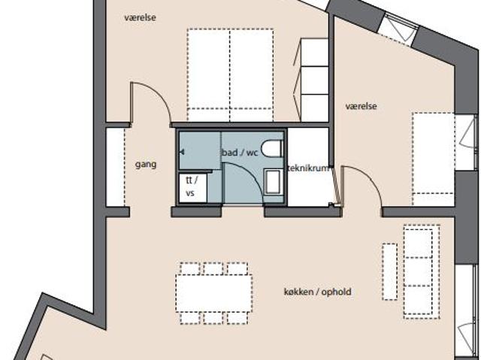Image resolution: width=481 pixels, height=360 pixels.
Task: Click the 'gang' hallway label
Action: (x=146, y=165)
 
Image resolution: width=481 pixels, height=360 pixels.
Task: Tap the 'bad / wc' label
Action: (x=240, y=152)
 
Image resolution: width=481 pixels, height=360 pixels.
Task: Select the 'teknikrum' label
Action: (x=308, y=168)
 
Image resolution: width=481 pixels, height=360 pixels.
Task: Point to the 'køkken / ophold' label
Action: (x=317, y=292)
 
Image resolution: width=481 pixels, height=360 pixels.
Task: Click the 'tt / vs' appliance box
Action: (x=192, y=187)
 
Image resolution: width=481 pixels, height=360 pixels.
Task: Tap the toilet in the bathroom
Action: (x=272, y=148)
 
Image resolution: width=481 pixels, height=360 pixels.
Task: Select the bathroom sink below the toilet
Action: (x=273, y=182)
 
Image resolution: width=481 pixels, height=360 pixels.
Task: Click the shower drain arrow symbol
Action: (x=182, y=152)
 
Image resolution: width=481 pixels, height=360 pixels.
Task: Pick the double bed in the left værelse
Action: (x=230, y=75)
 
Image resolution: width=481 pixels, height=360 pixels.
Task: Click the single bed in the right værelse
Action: (x=433, y=159)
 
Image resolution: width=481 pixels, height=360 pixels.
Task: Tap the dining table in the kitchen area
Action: (x=213, y=293)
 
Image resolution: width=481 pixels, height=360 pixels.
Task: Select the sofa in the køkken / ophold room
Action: (x=422, y=271)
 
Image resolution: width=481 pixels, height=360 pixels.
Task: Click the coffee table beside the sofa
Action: (x=389, y=271)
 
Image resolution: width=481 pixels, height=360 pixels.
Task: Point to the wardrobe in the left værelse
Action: (x=314, y=80)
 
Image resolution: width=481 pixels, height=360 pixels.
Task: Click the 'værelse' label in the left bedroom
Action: (x=140, y=17)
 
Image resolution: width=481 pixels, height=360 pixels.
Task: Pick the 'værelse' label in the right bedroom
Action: (x=361, y=107)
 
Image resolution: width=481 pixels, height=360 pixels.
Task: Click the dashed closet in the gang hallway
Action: (x=115, y=167)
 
